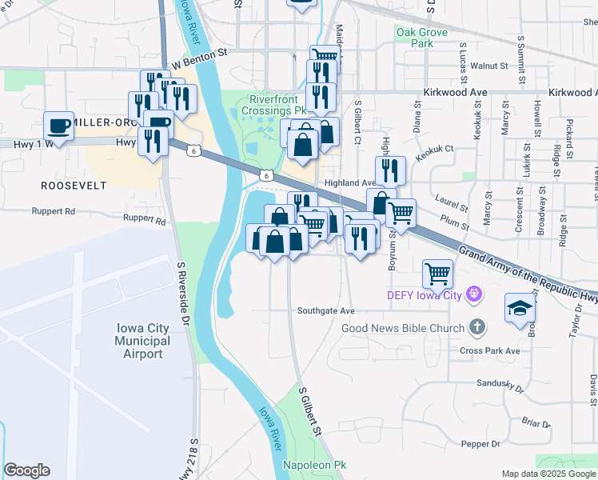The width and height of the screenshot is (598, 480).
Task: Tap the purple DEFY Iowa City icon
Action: [474, 294]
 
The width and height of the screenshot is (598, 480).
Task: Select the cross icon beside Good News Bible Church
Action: [476, 327]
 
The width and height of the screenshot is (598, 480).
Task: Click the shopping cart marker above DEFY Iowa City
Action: [437, 274]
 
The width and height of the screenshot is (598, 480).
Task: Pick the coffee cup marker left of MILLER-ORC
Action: [59, 126]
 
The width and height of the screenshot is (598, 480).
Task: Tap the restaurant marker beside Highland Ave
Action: [390, 170]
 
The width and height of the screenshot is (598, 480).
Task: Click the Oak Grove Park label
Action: [415, 38]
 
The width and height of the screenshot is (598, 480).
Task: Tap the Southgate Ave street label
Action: [325, 310]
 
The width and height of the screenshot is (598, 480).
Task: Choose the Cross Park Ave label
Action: [489, 350]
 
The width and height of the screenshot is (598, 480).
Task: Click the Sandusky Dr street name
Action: [499, 383]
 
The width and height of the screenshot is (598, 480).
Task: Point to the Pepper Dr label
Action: [480, 443]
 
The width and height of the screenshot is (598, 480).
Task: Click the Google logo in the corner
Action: [26, 470]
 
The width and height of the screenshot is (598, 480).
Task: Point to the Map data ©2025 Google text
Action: [548, 474]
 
